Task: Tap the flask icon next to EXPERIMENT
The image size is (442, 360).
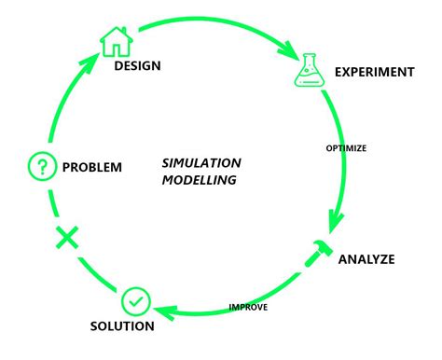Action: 309,69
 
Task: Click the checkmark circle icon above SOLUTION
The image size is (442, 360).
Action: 134,301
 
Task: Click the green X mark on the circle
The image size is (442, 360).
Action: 66,238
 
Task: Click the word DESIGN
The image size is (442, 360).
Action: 137,66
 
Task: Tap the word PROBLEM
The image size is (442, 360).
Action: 91,168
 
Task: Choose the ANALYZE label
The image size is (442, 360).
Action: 366,258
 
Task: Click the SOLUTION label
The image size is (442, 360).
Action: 122,326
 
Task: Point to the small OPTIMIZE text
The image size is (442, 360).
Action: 345,147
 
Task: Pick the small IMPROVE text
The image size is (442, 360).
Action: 249,307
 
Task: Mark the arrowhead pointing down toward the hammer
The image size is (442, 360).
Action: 331,223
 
